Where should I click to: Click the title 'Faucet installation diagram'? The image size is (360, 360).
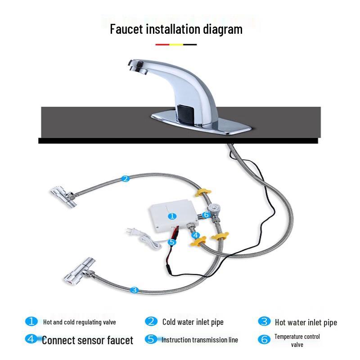(x=176, y=29)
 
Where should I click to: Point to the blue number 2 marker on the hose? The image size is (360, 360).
(x=126, y=178)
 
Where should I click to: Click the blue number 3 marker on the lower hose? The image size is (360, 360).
(x=134, y=290)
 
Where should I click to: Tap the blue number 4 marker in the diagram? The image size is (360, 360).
(x=195, y=234)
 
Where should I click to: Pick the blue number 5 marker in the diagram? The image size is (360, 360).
(x=171, y=242)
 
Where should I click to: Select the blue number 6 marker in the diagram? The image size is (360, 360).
(x=206, y=215)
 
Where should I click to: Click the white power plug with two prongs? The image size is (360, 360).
(x=131, y=232)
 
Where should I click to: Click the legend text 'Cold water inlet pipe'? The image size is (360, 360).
(x=193, y=322)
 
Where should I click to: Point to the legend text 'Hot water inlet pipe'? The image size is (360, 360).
(x=306, y=322)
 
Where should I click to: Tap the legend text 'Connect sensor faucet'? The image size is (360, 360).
(x=87, y=340)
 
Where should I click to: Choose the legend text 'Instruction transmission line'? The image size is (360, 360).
(x=200, y=340)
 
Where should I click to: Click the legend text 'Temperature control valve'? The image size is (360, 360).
(x=297, y=341)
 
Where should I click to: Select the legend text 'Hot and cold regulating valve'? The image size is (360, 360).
(x=80, y=322)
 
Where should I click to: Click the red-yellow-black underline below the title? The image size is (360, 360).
(x=176, y=45)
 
